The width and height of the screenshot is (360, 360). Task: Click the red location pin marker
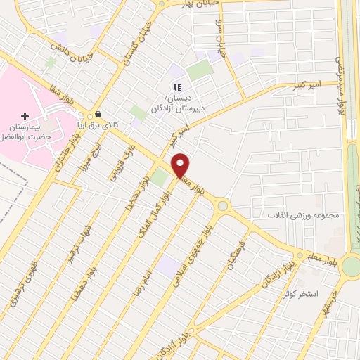coord(181,165)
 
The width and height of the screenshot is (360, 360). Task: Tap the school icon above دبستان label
coord(177,88)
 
